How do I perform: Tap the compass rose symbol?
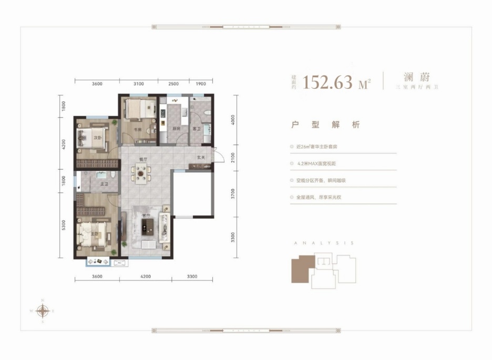point(43,311)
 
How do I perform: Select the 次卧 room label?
point(97,138)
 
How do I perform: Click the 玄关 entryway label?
point(201,157)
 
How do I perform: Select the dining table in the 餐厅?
point(141,172)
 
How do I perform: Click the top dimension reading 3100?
point(138,84)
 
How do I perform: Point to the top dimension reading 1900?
point(201,84)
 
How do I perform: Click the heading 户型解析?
point(326,125)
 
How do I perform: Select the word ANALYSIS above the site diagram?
point(323,243)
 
